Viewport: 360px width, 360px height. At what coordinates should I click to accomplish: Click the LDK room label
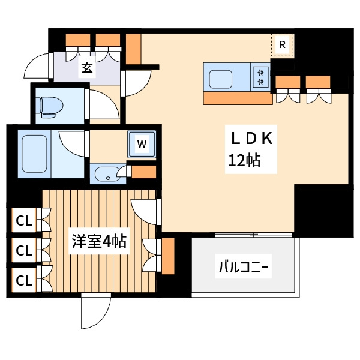pos(252,139)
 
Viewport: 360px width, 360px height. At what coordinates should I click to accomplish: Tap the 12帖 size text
pos(244,161)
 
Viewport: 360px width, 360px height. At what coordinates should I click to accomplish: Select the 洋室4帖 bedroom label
pos(98,242)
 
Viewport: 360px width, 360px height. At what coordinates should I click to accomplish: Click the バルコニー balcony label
pos(244,266)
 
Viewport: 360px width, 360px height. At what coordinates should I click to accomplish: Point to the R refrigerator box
pos(283,44)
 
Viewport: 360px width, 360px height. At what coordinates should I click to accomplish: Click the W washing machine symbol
pos(142,144)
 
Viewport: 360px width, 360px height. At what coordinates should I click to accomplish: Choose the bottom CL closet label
pos(23,280)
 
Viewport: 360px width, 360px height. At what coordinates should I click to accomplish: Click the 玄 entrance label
pos(88,68)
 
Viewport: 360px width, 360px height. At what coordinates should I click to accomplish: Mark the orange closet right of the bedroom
pos(167,256)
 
